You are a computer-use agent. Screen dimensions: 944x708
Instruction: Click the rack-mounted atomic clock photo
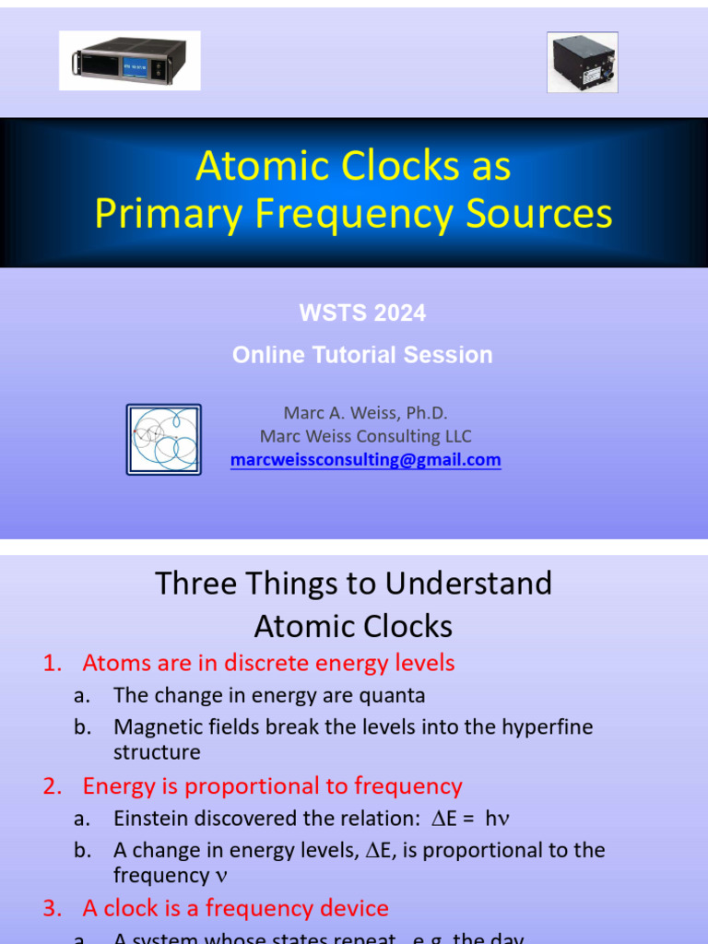(x=129, y=61)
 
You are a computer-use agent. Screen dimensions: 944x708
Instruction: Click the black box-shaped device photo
(x=582, y=63)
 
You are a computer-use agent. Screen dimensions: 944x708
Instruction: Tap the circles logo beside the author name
(x=164, y=440)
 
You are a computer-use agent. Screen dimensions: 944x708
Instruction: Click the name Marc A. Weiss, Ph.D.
(x=366, y=413)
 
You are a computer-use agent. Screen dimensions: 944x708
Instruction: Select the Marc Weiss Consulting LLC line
(x=366, y=436)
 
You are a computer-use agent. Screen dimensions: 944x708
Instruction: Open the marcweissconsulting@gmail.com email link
(x=366, y=459)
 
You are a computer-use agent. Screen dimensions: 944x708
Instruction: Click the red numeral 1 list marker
(x=51, y=663)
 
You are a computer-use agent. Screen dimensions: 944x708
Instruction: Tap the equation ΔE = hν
(x=457, y=819)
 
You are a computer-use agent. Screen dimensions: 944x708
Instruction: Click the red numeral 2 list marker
(x=52, y=786)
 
